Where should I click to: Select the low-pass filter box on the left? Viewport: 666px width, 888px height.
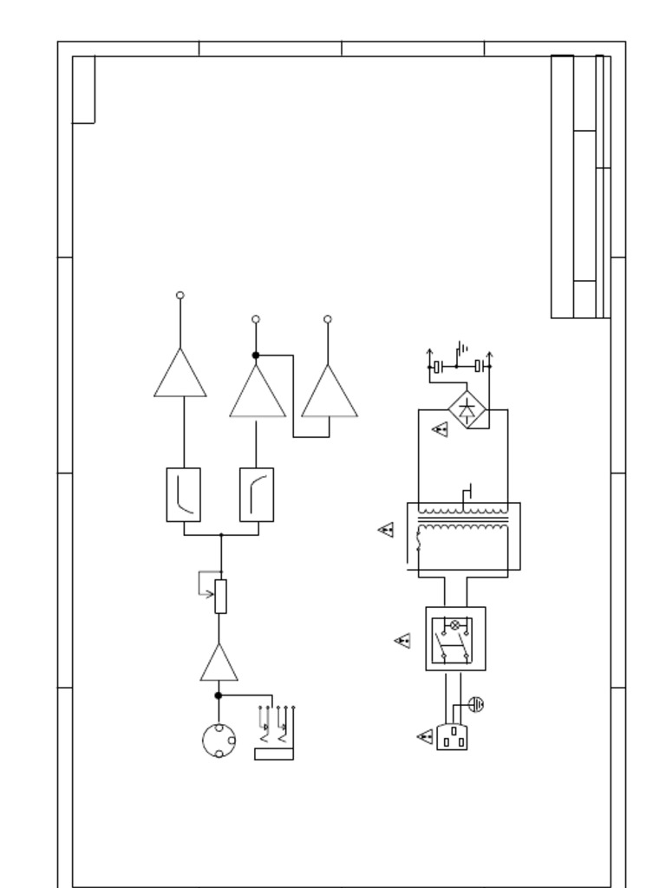pos(183,494)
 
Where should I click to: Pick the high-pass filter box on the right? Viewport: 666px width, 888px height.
pos(257,494)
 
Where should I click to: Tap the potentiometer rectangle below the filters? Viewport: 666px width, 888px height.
pos(220,597)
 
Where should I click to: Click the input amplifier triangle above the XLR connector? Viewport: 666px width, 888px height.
pos(219,666)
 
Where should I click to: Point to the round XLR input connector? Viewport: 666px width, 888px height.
pos(218,741)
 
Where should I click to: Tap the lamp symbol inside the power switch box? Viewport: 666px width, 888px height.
pos(455,624)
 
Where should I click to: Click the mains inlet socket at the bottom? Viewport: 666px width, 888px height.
pos(452,737)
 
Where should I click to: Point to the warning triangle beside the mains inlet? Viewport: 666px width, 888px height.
pos(425,737)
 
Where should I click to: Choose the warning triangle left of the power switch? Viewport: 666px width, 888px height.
pos(402,641)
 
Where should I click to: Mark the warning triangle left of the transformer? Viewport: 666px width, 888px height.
pos(387,529)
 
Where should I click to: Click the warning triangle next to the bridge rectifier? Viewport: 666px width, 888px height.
pos(441,428)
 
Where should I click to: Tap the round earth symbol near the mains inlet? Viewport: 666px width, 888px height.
pos(475,704)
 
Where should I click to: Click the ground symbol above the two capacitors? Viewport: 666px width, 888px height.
pos(463,349)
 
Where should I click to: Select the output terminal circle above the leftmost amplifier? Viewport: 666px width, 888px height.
pos(180,296)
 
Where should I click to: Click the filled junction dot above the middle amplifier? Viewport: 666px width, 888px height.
pos(256,356)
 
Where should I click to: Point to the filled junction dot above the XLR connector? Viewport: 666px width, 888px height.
pos(219,695)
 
